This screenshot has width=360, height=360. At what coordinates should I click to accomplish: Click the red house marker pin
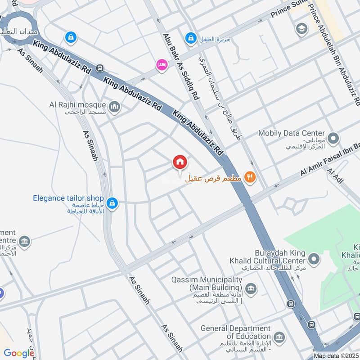(x=180, y=162)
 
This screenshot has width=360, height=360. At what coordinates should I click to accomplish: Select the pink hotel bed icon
(x=161, y=65)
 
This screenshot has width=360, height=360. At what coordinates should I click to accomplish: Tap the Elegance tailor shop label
(x=68, y=198)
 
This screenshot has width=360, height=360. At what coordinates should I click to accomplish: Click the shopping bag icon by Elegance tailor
(x=113, y=203)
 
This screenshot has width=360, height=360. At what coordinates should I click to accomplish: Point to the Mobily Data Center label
(x=292, y=133)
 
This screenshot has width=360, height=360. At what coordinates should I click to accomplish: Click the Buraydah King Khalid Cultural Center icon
(x=315, y=258)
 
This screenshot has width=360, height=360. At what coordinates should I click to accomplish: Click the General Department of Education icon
(x=279, y=337)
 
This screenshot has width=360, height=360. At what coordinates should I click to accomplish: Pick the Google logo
(x=19, y=353)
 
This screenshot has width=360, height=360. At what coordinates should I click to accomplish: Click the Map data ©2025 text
(x=335, y=355)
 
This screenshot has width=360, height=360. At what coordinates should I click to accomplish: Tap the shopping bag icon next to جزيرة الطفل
(x=191, y=37)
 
